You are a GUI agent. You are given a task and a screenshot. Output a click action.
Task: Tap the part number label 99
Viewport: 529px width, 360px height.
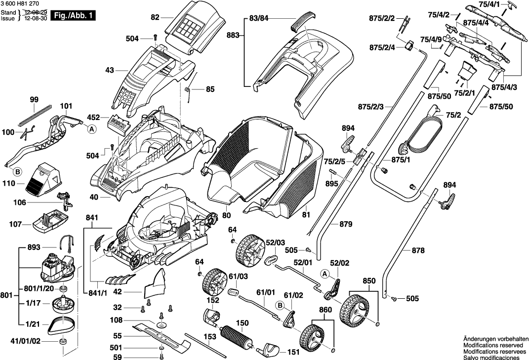[x=34, y=100]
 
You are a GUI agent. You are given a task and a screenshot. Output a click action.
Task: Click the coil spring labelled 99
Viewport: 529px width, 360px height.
[x=34, y=114]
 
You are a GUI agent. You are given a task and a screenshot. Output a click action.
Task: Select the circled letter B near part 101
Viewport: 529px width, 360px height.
[x=17, y=172]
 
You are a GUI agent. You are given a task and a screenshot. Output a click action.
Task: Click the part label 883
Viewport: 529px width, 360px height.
[x=233, y=36]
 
